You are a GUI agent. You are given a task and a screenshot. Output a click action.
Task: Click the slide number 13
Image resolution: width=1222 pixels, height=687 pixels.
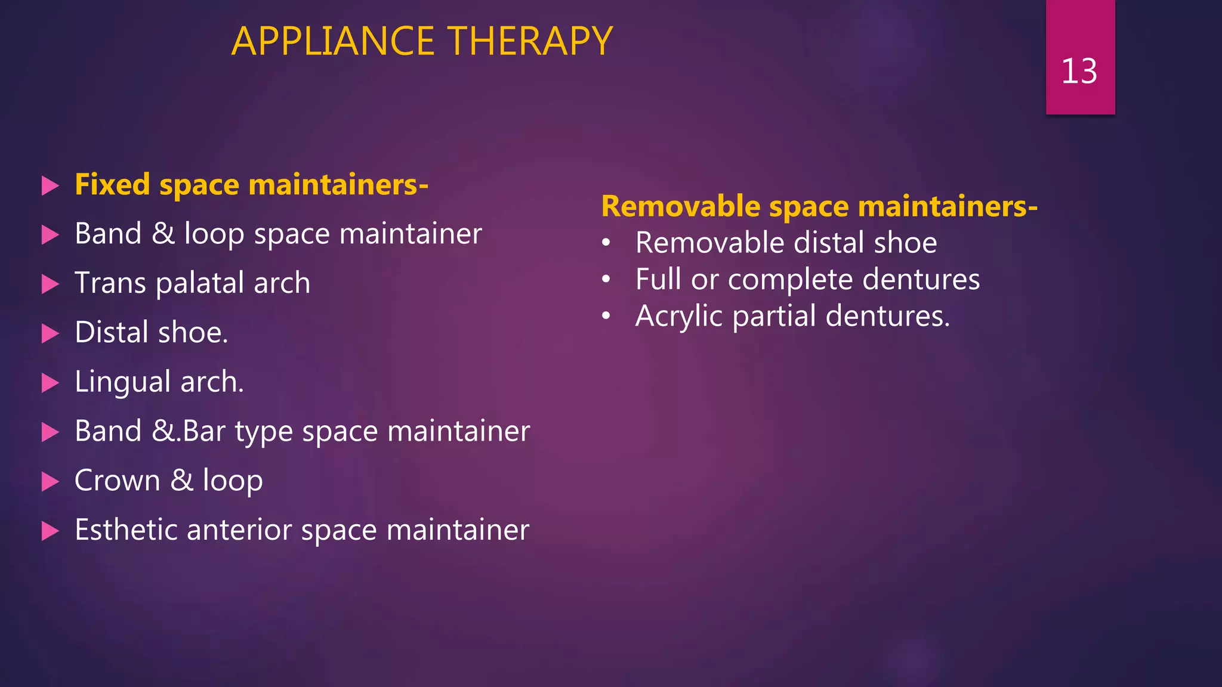(1079, 72)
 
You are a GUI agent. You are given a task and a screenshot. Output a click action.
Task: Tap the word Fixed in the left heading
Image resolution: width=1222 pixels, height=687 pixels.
(112, 184)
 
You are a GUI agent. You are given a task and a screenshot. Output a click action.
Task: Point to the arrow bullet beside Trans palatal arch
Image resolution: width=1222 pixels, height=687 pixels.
(50, 284)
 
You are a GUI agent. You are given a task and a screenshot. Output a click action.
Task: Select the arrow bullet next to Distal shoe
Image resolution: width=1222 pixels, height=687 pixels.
(50, 333)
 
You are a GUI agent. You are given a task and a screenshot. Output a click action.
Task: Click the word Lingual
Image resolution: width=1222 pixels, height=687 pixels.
(123, 382)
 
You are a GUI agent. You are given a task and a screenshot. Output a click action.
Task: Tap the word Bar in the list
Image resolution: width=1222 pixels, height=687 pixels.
(203, 431)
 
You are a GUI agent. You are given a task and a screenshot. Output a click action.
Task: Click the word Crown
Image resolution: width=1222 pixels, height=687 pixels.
(117, 481)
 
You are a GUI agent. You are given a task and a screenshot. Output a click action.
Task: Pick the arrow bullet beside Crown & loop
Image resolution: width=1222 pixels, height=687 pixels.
(50, 481)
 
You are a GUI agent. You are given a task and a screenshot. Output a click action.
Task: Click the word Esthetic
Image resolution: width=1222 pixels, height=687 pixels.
(125, 530)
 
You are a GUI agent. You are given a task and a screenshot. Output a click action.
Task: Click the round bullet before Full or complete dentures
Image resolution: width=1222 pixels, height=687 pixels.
(606, 279)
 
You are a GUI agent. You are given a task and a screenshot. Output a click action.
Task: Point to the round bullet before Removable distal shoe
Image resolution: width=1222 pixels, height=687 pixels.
(606, 243)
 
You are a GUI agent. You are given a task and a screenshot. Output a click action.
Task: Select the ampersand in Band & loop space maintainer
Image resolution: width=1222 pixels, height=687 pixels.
(163, 233)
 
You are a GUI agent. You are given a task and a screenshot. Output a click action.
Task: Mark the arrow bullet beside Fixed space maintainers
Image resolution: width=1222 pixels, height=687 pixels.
(50, 185)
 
